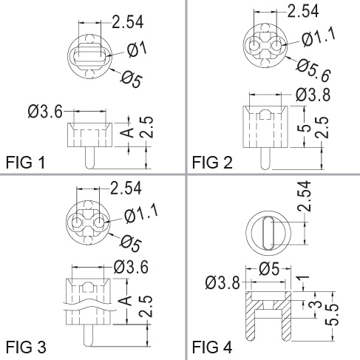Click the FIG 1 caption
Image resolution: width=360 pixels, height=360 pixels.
(x=25, y=163)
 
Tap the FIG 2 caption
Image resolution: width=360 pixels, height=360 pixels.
(x=212, y=163)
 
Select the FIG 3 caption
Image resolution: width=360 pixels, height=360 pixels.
(x=26, y=347)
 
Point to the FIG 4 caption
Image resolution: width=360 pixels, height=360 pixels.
(x=212, y=347)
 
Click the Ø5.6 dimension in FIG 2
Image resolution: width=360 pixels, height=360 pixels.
(x=313, y=70)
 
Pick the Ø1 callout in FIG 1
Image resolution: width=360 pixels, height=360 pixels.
(x=137, y=49)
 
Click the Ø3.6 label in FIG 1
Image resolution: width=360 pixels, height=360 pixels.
(x=45, y=112)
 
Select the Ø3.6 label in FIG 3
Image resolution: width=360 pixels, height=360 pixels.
(x=131, y=267)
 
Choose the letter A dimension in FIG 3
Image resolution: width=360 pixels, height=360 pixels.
(x=126, y=301)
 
